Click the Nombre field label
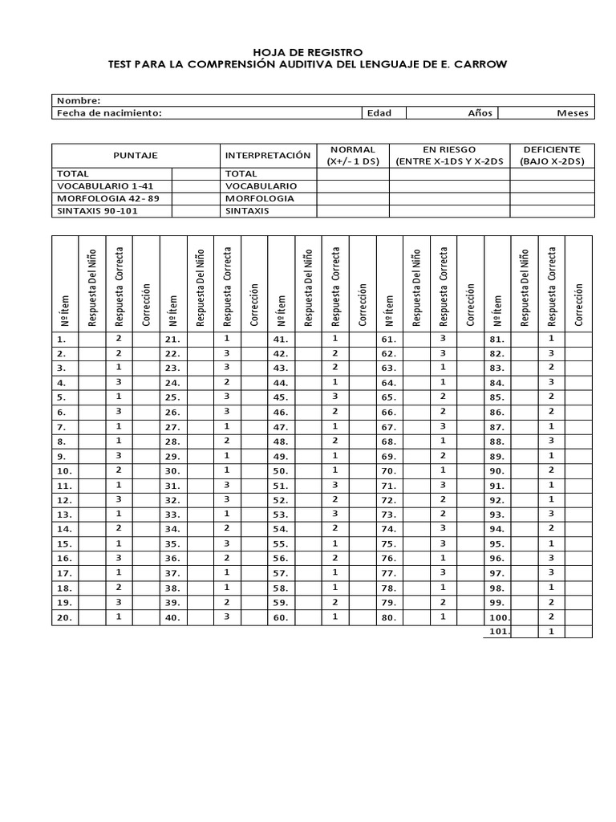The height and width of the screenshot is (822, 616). point(78,100)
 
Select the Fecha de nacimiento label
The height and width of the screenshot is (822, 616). point(109,113)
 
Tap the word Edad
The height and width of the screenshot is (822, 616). point(379,113)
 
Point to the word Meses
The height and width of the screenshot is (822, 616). point(573,113)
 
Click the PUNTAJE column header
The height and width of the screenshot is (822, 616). point(136,155)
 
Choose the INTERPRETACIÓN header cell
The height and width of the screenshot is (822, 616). point(268,155)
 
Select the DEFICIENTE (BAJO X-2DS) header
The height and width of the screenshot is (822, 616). point(552,155)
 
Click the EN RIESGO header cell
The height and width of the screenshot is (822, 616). point(449,155)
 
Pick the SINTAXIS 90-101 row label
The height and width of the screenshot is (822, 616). point(95,211)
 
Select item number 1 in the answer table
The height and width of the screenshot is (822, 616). point(63,340)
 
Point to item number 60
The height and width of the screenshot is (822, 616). point(280,618)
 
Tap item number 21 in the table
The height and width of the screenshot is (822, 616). point(172,340)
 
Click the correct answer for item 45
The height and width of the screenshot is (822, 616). point(335,397)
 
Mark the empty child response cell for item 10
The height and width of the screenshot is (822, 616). point(92,470)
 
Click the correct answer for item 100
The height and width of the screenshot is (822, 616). point(551,616)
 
